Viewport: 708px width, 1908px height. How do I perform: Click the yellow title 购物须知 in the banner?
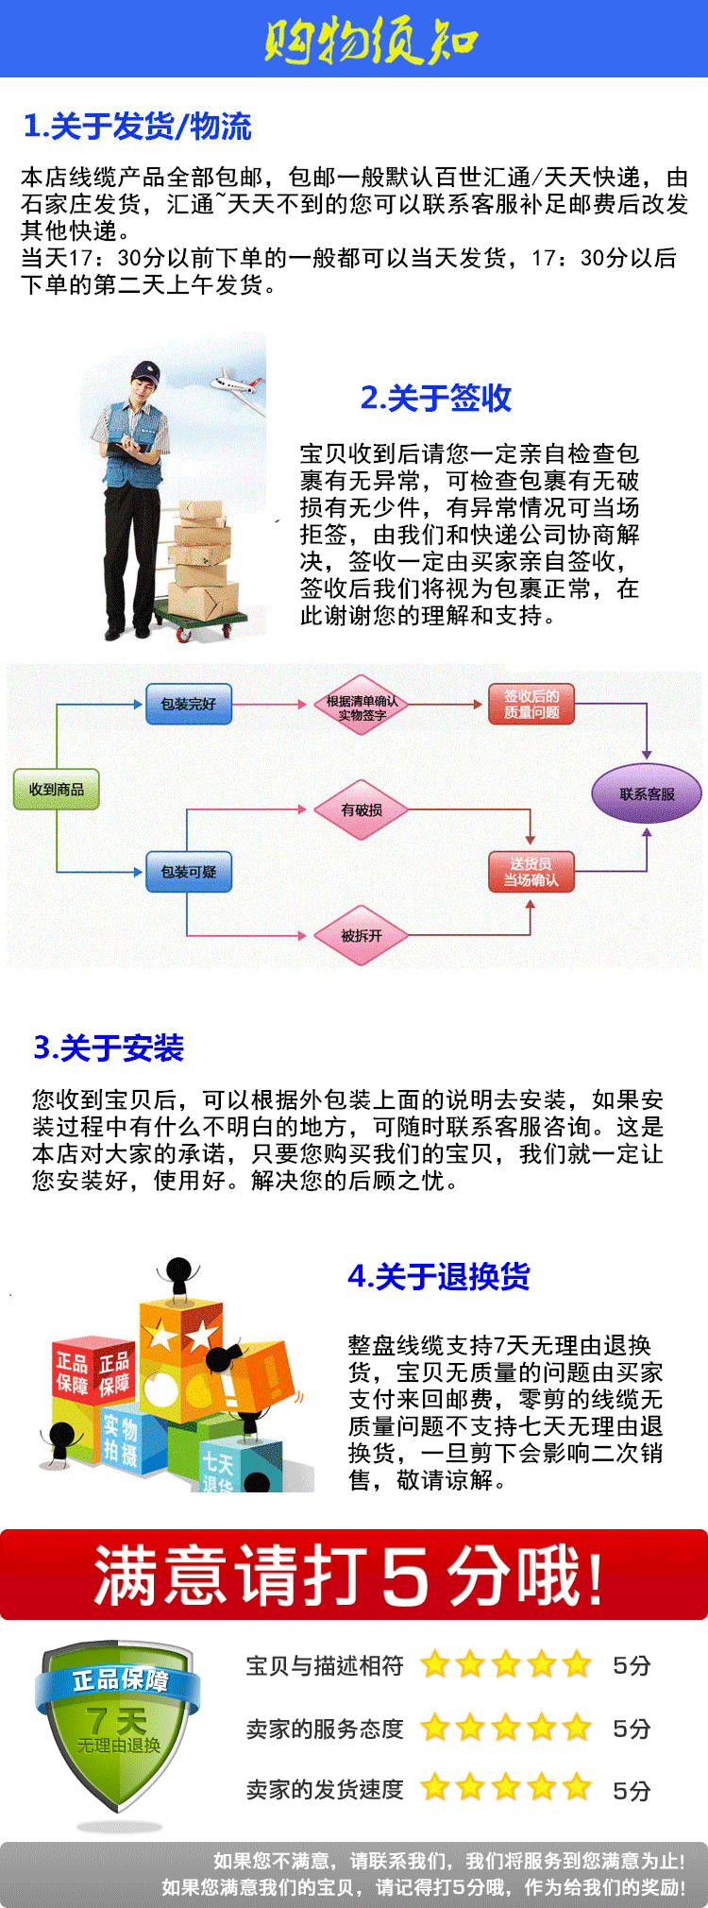coord(370,41)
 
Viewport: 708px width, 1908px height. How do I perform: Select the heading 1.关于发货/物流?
coord(137,126)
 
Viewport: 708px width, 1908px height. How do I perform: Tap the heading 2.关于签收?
coord(436,398)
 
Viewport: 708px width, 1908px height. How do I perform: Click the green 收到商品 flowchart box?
coord(57,790)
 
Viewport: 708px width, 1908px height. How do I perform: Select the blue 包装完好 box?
coord(189,705)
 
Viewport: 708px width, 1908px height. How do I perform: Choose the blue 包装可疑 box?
coord(189,872)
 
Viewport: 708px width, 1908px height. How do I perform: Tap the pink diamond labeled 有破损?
coord(362,810)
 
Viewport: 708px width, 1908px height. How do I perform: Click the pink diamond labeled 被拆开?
coord(362,936)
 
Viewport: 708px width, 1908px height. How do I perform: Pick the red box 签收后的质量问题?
coord(531,705)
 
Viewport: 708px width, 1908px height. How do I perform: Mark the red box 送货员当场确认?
coord(531,872)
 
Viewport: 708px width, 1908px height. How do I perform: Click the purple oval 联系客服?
coord(647,794)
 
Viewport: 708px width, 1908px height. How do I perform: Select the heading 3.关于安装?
coord(109,1048)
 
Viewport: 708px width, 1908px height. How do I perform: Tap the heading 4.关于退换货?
coord(439,1277)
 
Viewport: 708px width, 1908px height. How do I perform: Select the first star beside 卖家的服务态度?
coord(435,1729)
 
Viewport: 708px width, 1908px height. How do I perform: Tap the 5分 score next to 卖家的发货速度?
coord(632,1790)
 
